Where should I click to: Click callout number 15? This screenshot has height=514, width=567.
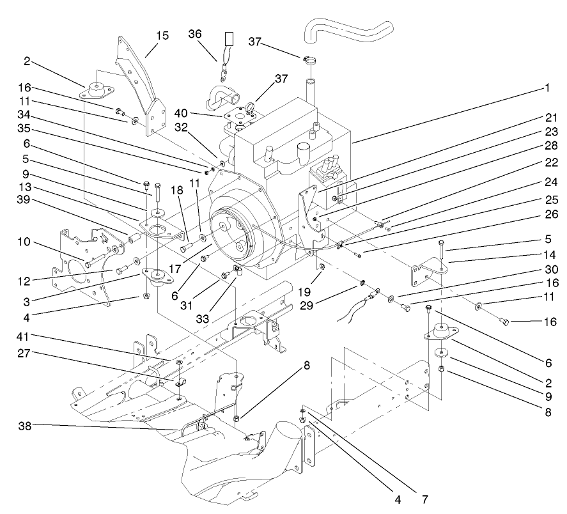tap(162, 36)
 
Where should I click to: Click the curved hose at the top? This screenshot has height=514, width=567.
tap(345, 29)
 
